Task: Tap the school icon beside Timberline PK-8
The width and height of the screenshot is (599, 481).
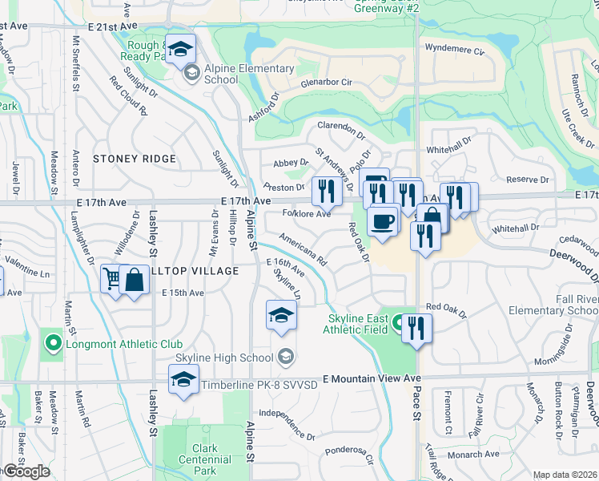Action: coord(183,380)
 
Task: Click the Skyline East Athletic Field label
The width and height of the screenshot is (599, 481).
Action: coord(356,324)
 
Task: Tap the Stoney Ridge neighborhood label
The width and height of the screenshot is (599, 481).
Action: coord(135,159)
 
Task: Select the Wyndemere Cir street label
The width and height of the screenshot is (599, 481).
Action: coord(456,50)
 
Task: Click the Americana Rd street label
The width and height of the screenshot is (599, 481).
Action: coord(303,249)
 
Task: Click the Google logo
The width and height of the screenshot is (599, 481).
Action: coord(26,471)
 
